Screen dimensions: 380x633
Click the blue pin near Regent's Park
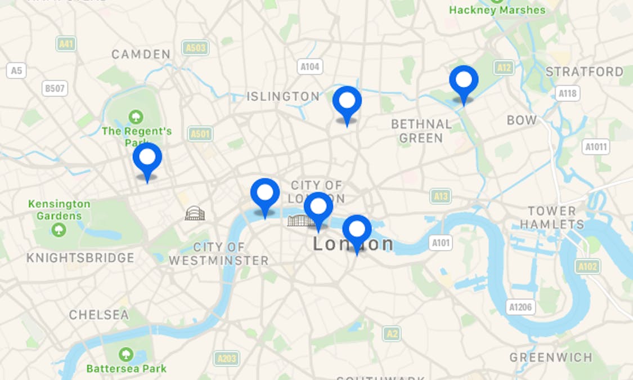147,158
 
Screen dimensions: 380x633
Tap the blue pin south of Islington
347,102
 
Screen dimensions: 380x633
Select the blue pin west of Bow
464,81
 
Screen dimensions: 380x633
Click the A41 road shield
66,44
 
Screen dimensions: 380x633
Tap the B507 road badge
55,88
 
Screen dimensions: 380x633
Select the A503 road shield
195,48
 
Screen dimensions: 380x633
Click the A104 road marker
310,67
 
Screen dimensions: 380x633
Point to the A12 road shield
504,68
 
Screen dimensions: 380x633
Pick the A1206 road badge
520,307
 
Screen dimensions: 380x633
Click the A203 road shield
227,359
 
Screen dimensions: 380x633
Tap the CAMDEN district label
141,55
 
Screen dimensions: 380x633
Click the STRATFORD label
585,72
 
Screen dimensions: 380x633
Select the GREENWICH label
551,357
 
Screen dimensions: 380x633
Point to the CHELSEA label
99,315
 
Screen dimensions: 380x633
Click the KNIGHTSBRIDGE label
80,258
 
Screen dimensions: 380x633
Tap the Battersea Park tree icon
126,354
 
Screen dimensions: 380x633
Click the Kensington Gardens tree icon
59,230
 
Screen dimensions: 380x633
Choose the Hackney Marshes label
497,10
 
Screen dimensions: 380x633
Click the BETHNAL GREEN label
421,131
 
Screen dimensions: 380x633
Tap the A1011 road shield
596,147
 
